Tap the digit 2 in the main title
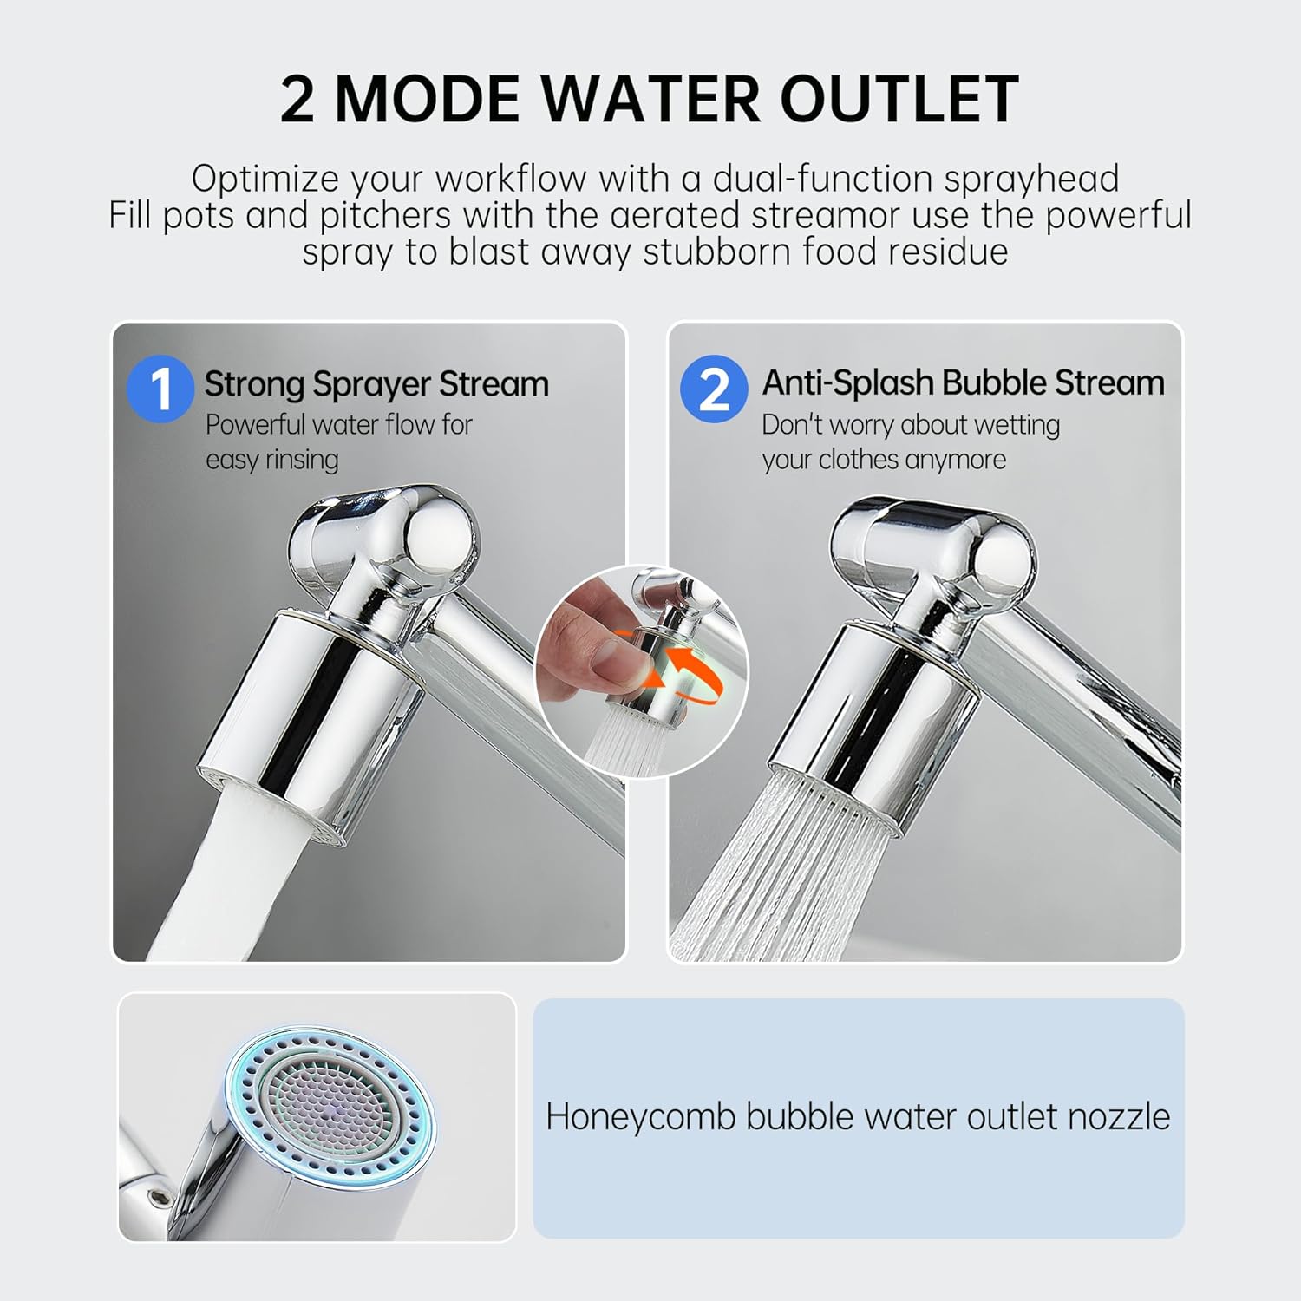click(x=297, y=100)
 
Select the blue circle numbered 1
click(x=160, y=389)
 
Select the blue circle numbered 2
click(x=713, y=389)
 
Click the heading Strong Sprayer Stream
click(x=376, y=384)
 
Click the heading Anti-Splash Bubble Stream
click(x=963, y=382)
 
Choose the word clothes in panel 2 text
click(x=867, y=460)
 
